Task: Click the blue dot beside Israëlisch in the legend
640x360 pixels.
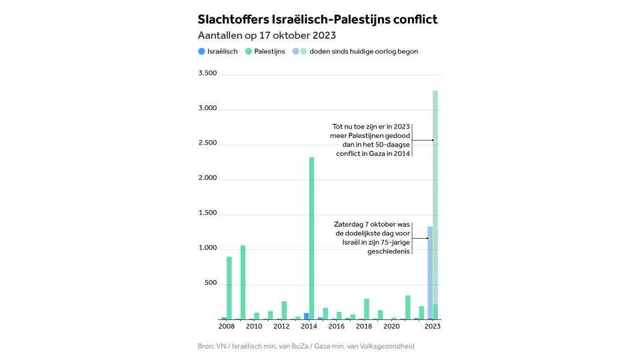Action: coord(201,51)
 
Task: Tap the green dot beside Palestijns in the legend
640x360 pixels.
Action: coord(248,51)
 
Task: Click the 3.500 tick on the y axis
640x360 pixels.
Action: coord(207,74)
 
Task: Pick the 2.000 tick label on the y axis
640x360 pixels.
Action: coord(207,179)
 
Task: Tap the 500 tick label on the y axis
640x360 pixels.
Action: coord(210,284)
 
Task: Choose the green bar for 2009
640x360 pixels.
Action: coord(243,282)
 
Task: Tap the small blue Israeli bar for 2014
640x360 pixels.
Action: coord(306,316)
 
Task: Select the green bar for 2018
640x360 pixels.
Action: coord(367,309)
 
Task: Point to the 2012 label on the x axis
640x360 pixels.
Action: coord(281,327)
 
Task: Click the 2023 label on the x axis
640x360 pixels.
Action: coord(433,327)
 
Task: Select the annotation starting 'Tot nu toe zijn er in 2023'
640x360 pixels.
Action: coord(372,140)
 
